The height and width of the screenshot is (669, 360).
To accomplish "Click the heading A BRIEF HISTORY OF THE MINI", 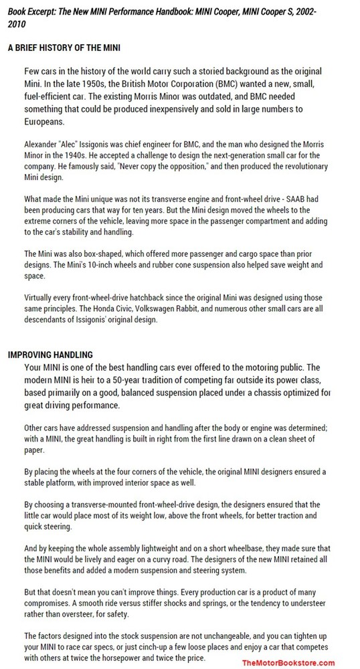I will click(64, 48).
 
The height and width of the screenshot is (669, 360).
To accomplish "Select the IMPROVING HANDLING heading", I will click(50, 354).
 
